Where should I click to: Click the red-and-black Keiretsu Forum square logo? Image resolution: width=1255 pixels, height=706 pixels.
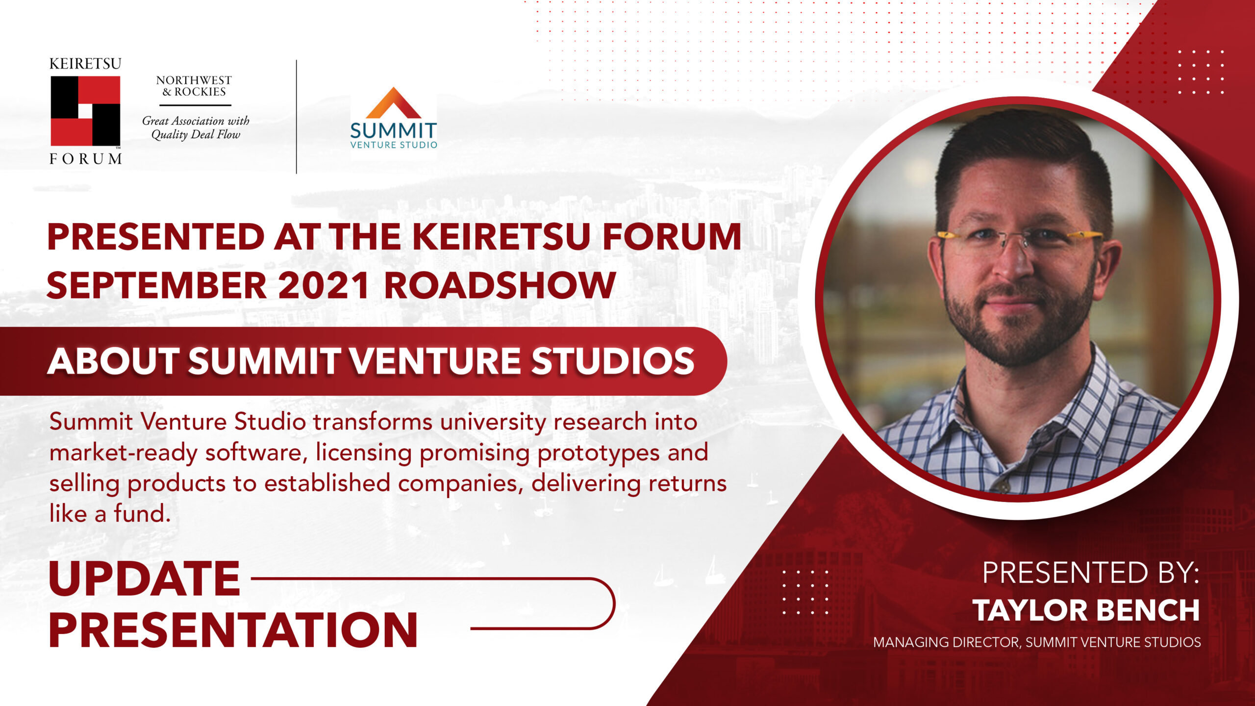85,111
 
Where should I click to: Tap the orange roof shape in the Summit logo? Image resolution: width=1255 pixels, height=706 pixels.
393,104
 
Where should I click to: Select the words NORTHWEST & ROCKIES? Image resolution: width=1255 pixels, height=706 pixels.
194,86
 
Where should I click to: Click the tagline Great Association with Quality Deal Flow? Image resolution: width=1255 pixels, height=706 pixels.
196,127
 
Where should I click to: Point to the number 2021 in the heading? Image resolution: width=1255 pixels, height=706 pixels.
323,285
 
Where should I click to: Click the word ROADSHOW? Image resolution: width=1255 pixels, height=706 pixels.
500,285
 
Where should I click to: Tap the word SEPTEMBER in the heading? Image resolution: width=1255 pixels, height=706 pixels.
156,285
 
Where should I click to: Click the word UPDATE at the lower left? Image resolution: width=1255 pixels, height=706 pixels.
144,579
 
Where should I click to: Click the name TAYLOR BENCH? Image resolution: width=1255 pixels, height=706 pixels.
1086,610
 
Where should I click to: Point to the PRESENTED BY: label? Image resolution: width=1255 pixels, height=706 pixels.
1090,573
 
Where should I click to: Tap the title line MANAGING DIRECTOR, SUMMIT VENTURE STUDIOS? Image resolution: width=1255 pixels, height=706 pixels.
1037,642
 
